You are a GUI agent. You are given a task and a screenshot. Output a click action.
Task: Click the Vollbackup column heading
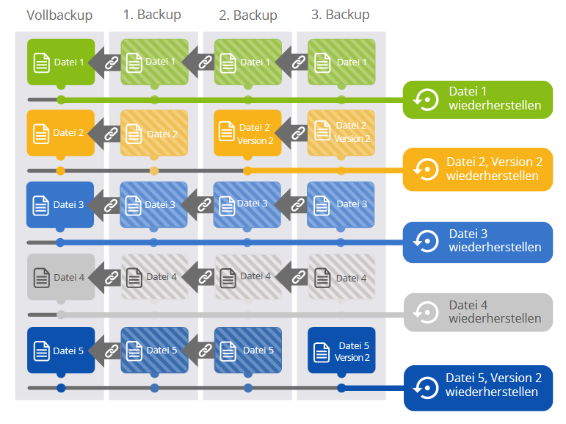click(x=59, y=15)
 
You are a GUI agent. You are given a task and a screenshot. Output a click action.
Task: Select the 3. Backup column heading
click(x=340, y=15)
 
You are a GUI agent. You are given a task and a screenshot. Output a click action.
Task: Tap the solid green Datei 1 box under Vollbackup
click(x=61, y=62)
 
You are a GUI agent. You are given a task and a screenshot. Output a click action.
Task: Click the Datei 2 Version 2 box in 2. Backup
click(x=247, y=133)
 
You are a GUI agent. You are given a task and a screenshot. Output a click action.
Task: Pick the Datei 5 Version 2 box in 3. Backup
click(x=341, y=351)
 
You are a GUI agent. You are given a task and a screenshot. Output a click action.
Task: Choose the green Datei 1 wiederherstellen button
click(x=477, y=99)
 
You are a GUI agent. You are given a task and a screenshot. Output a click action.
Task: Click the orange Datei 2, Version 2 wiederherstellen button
click(x=477, y=169)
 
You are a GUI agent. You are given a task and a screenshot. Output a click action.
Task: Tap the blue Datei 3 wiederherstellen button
click(x=477, y=241)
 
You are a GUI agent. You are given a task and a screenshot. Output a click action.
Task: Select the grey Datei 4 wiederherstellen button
click(x=477, y=312)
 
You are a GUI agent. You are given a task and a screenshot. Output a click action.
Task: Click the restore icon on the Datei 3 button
click(x=427, y=241)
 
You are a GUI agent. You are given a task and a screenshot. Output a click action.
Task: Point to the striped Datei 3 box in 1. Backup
click(x=154, y=205)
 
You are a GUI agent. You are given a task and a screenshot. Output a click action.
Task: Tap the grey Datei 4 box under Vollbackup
click(x=60, y=277)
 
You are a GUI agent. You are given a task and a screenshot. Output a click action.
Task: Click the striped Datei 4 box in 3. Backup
click(x=341, y=278)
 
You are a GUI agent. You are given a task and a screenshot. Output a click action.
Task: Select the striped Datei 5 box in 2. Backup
click(x=247, y=351)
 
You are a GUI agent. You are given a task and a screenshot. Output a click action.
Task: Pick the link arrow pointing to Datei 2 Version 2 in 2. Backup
click(x=297, y=133)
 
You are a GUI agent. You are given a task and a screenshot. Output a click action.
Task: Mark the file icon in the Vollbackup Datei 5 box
click(x=41, y=351)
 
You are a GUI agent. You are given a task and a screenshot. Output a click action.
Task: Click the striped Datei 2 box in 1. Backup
click(x=154, y=134)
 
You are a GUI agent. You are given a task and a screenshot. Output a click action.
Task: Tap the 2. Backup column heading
click(x=247, y=15)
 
